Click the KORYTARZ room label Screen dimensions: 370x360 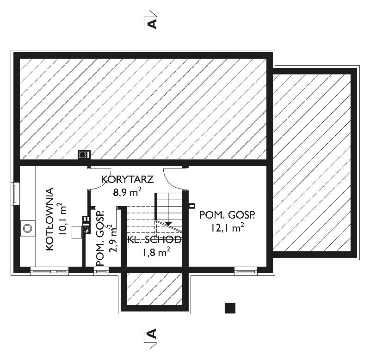pyautogui.click(x=127, y=180)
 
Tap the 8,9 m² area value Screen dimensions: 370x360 pyautogui.click(x=128, y=192)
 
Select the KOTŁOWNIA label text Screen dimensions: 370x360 pyautogui.click(x=49, y=219)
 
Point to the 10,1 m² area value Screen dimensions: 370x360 pyautogui.click(x=62, y=219)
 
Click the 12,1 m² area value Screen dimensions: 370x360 pyautogui.click(x=228, y=228)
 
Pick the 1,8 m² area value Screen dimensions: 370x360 pyautogui.click(x=156, y=252)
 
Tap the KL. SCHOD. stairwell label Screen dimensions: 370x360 pyautogui.click(x=154, y=240)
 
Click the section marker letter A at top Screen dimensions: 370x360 pyautogui.click(x=152, y=24)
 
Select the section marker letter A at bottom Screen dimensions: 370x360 pyautogui.click(x=152, y=333)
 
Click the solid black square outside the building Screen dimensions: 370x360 pyautogui.click(x=230, y=308)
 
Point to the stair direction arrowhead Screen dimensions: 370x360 pyautogui.click(x=168, y=224)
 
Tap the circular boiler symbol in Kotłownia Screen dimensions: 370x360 pyautogui.click(x=28, y=228)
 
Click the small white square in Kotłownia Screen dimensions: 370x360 pyautogui.click(x=77, y=232)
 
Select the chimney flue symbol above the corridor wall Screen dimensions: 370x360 pyautogui.click(x=84, y=155)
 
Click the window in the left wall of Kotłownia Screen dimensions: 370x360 pyautogui.click(x=16, y=194)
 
